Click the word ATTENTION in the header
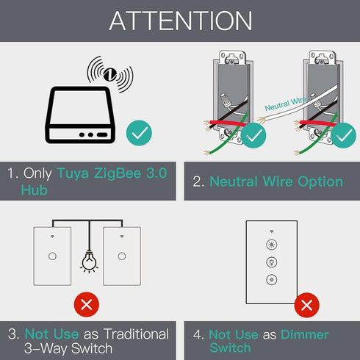[x=181, y=21]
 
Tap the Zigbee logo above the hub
[x=110, y=74]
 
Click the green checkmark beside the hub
[x=139, y=133]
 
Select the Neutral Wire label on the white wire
[x=286, y=104]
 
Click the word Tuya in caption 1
[x=73, y=173]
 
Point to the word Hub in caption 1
[x=34, y=190]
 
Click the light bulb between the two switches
[x=89, y=262]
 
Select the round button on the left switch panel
[x=52, y=256]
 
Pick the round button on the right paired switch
[x=122, y=256]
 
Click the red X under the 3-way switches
[x=87, y=304]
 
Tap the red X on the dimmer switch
[x=306, y=305]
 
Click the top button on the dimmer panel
[x=272, y=245]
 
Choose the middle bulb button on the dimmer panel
[x=272, y=262]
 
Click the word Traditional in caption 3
[x=136, y=334]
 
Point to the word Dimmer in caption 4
[x=305, y=334]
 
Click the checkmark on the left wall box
[x=253, y=135]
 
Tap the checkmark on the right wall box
[x=343, y=135]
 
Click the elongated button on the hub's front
[x=102, y=134]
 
